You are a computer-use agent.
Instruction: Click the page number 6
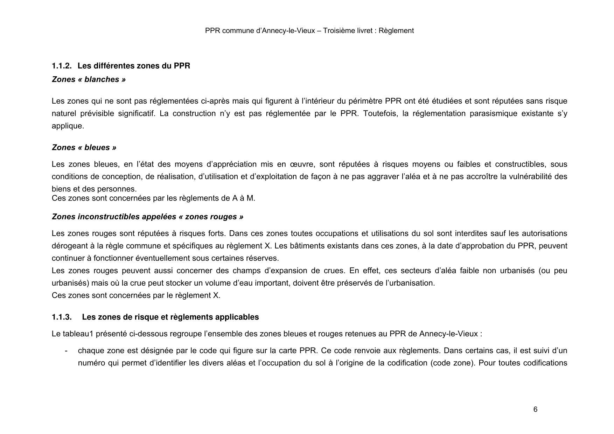[x=535, y=409]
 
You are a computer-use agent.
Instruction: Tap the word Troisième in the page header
[x=337, y=31]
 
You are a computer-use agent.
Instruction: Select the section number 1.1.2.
[x=62, y=66]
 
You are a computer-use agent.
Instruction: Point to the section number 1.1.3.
[x=62, y=317]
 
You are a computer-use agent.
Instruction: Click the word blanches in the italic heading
[x=102, y=79]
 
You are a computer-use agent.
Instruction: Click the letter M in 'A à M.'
[x=250, y=198]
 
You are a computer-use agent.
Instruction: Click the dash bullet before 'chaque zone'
[x=66, y=351]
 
